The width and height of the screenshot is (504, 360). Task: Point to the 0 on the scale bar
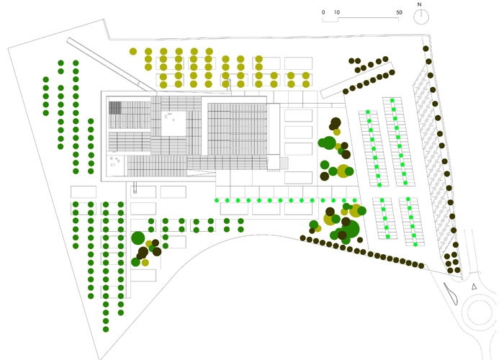point(324,12)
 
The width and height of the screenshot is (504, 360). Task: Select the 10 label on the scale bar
point(338,12)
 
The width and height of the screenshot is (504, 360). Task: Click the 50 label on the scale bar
point(399,12)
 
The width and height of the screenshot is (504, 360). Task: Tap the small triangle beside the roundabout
point(474,287)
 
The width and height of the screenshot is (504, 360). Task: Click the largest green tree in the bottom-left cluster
point(138,238)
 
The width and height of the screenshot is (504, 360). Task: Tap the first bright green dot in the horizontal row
point(217,200)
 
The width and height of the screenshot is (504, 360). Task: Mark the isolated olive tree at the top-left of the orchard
point(133,51)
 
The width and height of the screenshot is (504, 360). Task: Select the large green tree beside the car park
point(328,143)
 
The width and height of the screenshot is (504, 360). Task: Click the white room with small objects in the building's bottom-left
point(115,163)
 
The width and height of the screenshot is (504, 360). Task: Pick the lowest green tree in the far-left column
point(106,329)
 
